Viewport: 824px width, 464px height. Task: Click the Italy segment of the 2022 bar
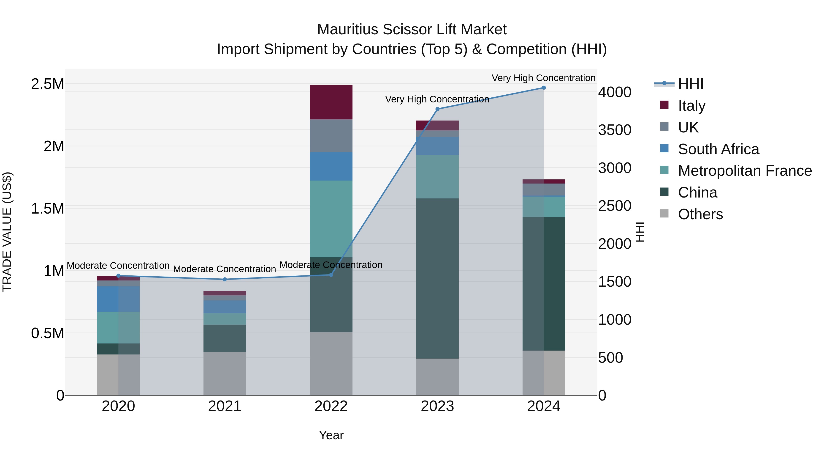[331, 102]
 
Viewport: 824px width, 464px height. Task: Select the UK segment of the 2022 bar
[331, 136]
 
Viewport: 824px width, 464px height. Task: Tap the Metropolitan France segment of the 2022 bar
[331, 219]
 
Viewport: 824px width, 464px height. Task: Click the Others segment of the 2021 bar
[225, 373]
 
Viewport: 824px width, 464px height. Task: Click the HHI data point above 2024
[543, 88]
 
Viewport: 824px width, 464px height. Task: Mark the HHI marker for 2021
[225, 279]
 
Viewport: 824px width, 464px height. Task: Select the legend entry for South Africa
[718, 149]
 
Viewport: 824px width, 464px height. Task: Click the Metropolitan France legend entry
[745, 171]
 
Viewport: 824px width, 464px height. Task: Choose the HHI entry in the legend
[690, 84]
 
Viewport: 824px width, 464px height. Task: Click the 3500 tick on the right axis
[615, 130]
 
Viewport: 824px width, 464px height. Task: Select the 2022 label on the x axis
[331, 406]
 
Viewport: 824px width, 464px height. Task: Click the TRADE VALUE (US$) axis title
[7, 232]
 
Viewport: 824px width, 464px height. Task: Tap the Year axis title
[331, 435]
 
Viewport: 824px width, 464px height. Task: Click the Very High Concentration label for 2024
[543, 78]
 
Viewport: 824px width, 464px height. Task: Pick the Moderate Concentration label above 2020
[118, 266]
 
